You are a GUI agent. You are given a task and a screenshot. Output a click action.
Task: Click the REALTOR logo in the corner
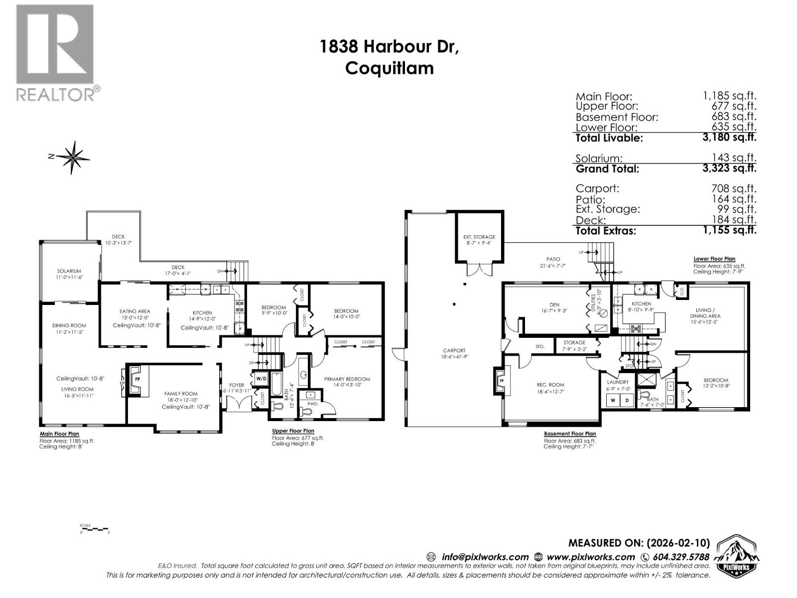(x=55, y=52)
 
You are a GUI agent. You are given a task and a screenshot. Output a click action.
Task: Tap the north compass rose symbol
(x=73, y=157)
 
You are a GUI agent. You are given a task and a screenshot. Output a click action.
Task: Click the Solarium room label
(x=69, y=271)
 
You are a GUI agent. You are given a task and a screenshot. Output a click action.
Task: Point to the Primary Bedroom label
(x=347, y=379)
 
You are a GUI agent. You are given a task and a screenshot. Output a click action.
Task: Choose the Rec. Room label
(x=550, y=385)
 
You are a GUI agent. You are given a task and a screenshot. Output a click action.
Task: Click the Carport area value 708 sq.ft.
(x=737, y=189)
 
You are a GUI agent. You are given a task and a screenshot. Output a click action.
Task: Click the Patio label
(x=553, y=259)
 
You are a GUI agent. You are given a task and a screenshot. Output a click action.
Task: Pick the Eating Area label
(x=134, y=311)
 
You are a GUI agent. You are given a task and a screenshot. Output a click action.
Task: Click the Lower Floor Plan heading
(x=714, y=259)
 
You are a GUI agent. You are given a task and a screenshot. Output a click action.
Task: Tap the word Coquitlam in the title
(x=389, y=68)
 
